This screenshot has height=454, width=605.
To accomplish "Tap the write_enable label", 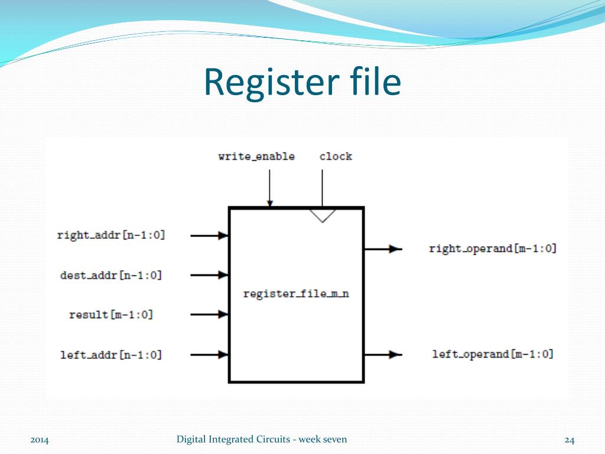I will pyautogui.click(x=256, y=157).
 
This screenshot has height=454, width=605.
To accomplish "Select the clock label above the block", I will pyautogui.click(x=336, y=157).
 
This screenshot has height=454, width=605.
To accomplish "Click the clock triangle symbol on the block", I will pyautogui.click(x=323, y=215).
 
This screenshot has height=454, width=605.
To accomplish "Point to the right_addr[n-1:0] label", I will pyautogui.click(x=111, y=235).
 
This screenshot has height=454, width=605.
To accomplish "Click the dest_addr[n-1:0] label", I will pyautogui.click(x=111, y=275).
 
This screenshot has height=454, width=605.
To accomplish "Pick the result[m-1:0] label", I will pyautogui.click(x=111, y=314).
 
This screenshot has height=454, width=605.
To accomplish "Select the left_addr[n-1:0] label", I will pyautogui.click(x=111, y=355).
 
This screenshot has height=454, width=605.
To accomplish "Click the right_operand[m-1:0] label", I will pyautogui.click(x=493, y=249).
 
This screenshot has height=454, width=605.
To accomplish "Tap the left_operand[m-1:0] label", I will pyautogui.click(x=493, y=354).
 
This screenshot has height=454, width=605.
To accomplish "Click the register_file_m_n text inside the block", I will pyautogui.click(x=296, y=294).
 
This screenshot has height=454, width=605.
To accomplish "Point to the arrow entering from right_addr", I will pyautogui.click(x=210, y=235).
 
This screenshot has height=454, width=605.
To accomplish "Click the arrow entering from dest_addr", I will pyautogui.click(x=210, y=275).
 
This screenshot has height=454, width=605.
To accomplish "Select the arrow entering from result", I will pyautogui.click(x=210, y=314).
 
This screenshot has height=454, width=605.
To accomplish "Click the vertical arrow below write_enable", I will pyautogui.click(x=269, y=188).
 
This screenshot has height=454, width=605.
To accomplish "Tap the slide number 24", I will pyautogui.click(x=570, y=439).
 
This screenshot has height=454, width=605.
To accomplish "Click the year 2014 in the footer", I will pyautogui.click(x=40, y=440).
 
